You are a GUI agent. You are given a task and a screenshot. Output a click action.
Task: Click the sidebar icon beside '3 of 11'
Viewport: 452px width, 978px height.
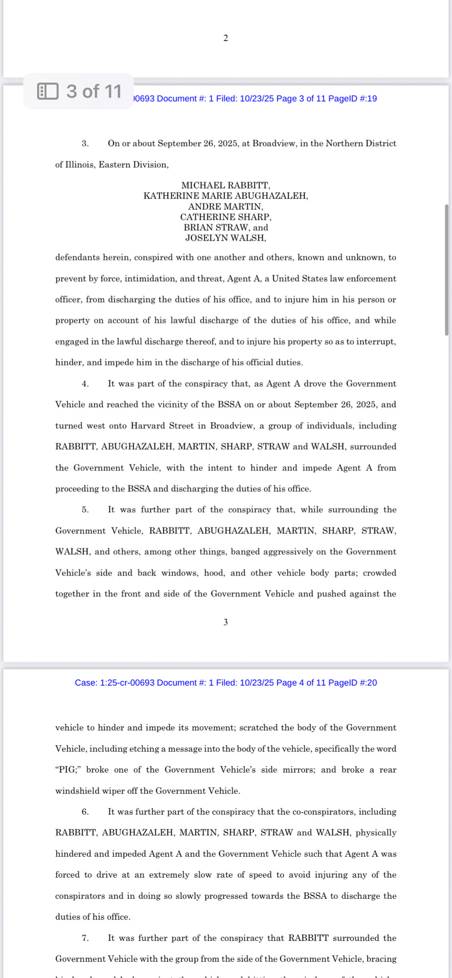(48, 91)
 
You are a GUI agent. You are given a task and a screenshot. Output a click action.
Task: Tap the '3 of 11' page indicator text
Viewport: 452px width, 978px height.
(94, 91)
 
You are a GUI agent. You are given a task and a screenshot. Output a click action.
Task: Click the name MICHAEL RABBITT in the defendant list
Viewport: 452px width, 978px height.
(226, 185)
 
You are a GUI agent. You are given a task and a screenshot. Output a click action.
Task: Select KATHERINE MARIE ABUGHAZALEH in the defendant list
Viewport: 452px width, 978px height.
(226, 196)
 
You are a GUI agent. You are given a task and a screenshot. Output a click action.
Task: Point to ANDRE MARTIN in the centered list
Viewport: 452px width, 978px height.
(226, 206)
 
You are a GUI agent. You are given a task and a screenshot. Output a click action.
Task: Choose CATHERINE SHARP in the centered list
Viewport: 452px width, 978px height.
(226, 217)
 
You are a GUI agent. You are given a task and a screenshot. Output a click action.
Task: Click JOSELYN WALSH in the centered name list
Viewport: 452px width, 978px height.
(226, 238)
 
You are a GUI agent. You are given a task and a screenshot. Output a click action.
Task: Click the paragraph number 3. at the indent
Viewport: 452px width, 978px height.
(85, 144)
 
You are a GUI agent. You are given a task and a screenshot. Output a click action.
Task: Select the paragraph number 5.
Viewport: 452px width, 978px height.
(85, 510)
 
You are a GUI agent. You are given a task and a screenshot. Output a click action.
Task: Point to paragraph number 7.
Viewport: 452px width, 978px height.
(85, 938)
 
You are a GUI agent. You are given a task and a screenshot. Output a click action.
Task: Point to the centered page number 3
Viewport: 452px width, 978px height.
(226, 622)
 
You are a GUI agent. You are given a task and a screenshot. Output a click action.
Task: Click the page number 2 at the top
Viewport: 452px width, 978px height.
(226, 38)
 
